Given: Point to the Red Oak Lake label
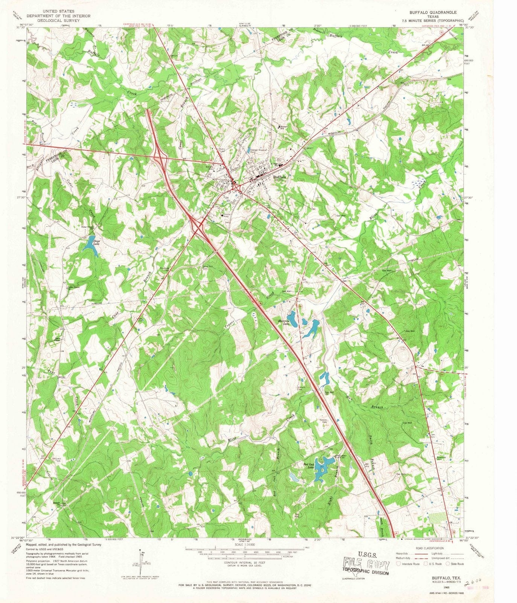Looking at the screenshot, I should point(308,466).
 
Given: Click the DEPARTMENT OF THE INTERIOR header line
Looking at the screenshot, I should point(58,16).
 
